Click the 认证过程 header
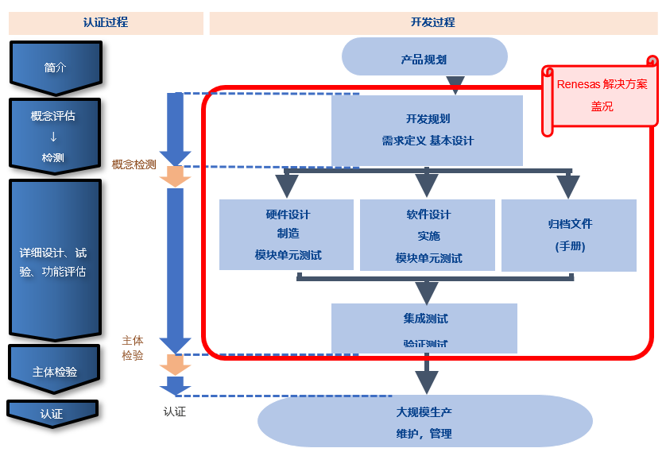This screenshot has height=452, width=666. coord(105,22)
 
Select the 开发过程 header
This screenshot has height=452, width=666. coord(433,22)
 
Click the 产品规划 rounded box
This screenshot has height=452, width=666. coord(424,59)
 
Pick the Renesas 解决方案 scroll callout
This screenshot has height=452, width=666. coord(601,95)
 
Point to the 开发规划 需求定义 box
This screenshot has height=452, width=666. coord(427,129)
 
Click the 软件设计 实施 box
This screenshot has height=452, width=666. coord(428,235)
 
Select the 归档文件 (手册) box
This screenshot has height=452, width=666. coord(569,235)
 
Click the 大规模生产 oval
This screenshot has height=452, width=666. coord(424,422)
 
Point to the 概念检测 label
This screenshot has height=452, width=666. coord(134,165)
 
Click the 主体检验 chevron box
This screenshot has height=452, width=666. coord(55,370)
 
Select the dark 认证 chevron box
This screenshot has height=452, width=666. coord(52,413)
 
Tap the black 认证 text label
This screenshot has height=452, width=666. coord(174,412)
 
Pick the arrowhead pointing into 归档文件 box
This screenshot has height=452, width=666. coord(567,187)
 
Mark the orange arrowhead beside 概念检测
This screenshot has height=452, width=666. coord(175,178)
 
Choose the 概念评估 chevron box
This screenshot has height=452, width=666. coord(55,135)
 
